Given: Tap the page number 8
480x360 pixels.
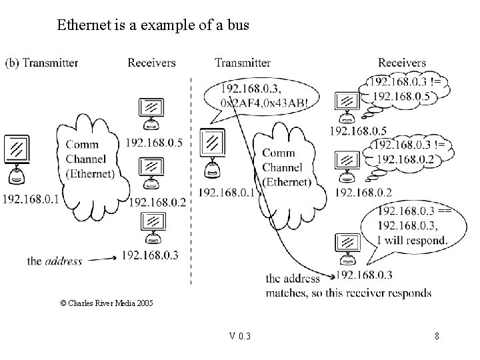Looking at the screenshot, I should (x=437, y=336).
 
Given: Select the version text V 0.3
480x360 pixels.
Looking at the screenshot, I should (x=239, y=336).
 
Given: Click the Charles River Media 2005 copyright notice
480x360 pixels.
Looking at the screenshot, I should (x=107, y=303).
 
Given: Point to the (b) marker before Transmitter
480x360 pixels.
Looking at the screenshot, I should (x=13, y=63).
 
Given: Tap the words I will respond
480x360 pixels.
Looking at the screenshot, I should (x=412, y=240).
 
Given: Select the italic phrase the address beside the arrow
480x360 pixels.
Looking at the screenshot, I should (x=55, y=261).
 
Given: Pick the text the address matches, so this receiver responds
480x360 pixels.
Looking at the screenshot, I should (x=347, y=286).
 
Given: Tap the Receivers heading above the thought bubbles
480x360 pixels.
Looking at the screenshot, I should (x=401, y=63).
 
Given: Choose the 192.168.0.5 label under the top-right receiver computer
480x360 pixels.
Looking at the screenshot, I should (x=358, y=130).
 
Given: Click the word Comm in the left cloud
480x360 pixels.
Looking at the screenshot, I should (x=79, y=145).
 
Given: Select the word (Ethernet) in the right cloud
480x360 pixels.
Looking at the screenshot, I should (x=287, y=181).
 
